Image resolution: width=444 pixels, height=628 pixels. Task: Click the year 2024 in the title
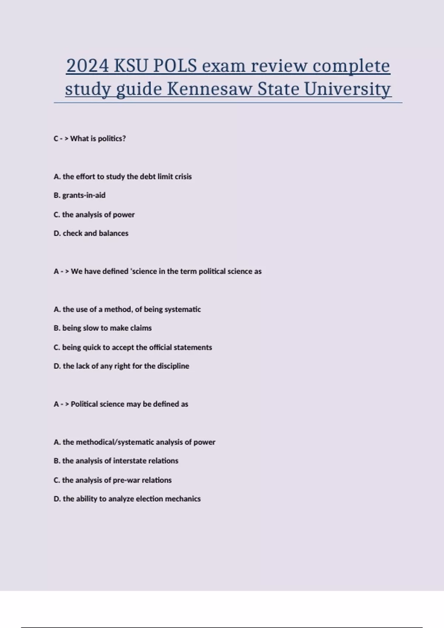pos(87,66)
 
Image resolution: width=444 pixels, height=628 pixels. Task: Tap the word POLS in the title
pos(175,66)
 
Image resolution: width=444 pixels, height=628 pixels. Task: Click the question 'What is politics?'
pos(98,139)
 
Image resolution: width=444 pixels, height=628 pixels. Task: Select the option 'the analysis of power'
pos(94,215)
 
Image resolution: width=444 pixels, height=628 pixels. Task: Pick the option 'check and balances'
pos(91,233)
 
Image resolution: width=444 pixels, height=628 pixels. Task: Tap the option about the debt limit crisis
pos(123,177)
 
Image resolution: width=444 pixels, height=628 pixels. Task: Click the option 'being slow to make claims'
pos(103,328)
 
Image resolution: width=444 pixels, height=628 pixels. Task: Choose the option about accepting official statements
pos(133,347)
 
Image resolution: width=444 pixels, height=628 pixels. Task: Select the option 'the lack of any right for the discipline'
pos(121,366)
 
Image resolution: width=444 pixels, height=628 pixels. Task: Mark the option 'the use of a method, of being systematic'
pos(127,309)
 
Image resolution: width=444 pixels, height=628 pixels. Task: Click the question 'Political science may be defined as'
pos(129,404)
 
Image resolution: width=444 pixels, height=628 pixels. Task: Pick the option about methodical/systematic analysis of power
pos(135,442)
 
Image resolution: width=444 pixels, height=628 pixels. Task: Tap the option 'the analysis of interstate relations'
pos(116,461)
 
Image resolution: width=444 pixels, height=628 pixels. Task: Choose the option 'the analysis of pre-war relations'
pos(113,480)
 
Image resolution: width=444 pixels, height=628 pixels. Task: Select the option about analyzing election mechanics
pos(127,499)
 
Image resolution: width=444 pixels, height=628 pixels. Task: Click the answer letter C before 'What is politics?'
pos(56,139)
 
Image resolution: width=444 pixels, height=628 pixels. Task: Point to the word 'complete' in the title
pos(351,66)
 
